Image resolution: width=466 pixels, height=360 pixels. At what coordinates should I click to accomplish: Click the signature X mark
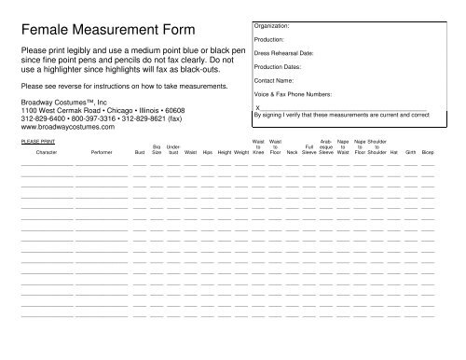coord(256,107)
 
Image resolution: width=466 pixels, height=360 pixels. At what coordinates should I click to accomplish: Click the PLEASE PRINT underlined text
coord(34,139)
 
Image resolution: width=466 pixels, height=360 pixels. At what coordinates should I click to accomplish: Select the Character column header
coord(46,150)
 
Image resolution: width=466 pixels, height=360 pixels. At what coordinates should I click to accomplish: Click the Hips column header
coord(207,150)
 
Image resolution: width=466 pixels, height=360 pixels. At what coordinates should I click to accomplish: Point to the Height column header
coord(225,150)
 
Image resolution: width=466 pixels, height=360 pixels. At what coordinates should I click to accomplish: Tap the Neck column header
coord(292,150)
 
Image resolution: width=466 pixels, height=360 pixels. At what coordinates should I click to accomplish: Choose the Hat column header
coord(393,150)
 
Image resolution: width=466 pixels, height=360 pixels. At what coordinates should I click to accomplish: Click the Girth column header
coord(410,150)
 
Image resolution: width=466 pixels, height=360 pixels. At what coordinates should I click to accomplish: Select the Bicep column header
coord(428,150)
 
